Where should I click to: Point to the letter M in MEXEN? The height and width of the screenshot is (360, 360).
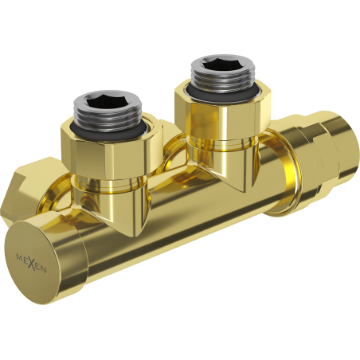[x=18, y=256]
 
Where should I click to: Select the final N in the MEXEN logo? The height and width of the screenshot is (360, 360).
[x=44, y=271]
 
